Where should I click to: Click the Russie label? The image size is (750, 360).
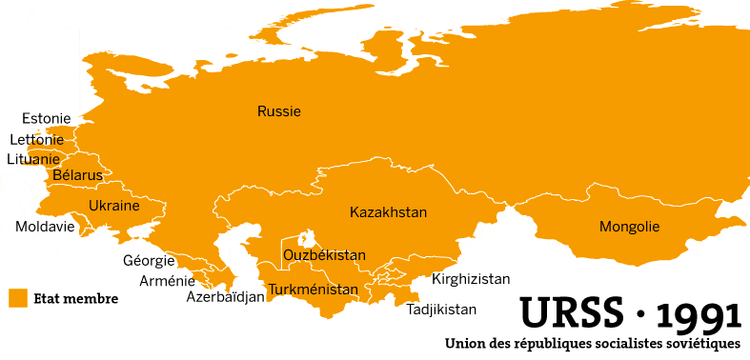click(x=279, y=111)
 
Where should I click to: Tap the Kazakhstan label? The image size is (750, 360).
click(x=388, y=211)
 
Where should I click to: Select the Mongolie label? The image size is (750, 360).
click(x=629, y=227)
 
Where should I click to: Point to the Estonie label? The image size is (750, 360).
click(x=47, y=119)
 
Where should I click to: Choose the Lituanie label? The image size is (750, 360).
click(x=34, y=159)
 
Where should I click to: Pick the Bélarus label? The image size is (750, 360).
click(x=77, y=175)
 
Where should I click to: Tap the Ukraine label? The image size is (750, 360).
click(x=114, y=206)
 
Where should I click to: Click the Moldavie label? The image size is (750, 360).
click(x=45, y=227)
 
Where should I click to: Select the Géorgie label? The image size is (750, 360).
click(x=149, y=260)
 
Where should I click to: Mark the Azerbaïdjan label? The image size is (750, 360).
click(x=225, y=296)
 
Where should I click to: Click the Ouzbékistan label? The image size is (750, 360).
click(x=325, y=255)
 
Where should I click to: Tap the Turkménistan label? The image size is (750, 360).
click(x=314, y=290)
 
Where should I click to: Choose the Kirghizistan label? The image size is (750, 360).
click(x=471, y=279)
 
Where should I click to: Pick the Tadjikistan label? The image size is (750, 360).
click(x=441, y=310)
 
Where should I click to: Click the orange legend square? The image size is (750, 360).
click(x=17, y=298)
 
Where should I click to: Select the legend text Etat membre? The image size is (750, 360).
click(x=75, y=299)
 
